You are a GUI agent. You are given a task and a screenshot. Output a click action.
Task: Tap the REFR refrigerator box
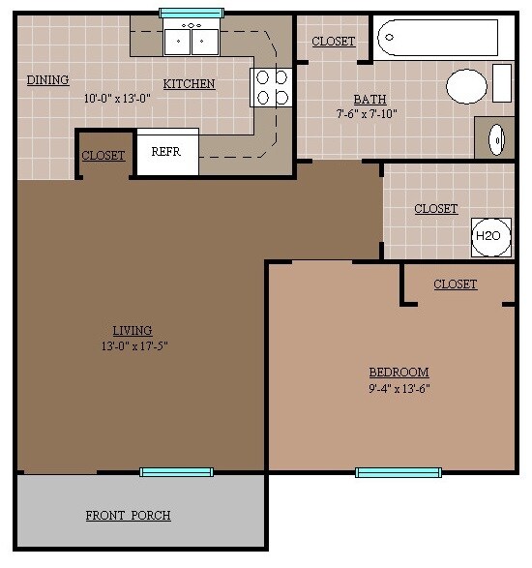(167, 152)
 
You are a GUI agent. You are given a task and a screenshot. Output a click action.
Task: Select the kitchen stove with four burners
(270, 86)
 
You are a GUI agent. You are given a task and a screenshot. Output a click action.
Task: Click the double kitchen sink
(191, 40)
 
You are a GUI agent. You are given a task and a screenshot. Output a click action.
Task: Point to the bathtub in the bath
(437, 38)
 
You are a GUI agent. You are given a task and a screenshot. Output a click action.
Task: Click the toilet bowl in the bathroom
(467, 86)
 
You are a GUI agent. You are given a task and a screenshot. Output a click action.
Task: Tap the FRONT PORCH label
(128, 515)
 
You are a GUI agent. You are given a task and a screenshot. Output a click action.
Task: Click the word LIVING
(132, 330)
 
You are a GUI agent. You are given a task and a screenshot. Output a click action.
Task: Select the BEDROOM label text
(399, 373)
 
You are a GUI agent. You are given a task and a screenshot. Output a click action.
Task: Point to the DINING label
(47, 80)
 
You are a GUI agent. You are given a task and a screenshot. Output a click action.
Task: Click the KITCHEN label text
(189, 84)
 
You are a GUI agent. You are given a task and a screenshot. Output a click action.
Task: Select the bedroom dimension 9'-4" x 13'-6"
(399, 389)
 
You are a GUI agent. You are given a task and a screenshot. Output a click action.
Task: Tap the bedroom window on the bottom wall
(392, 472)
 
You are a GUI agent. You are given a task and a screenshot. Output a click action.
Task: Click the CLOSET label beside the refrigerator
(103, 156)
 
